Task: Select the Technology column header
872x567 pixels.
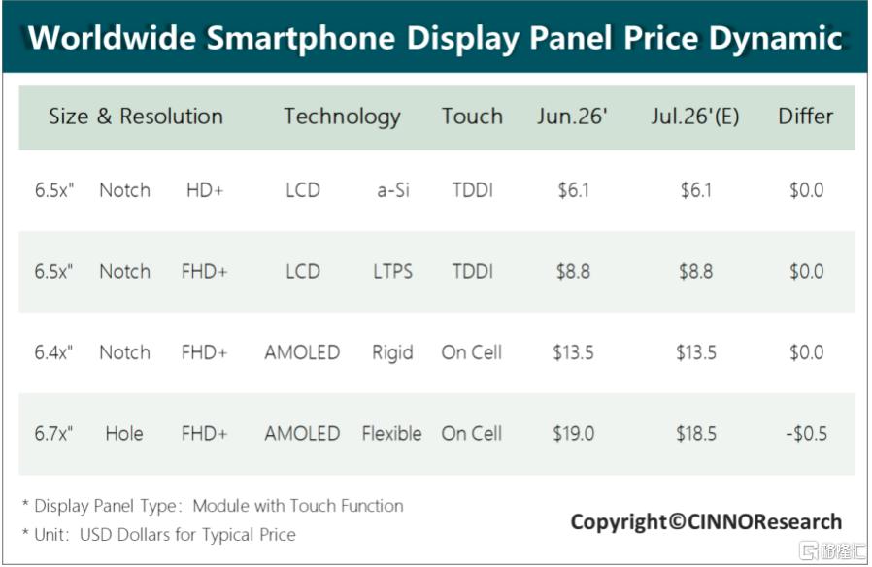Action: pos(342,117)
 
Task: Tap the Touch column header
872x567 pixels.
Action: pos(472,117)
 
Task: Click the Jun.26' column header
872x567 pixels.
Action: pos(572,117)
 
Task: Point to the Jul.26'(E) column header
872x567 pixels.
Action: pos(695,117)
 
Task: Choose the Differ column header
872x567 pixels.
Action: pos(805,117)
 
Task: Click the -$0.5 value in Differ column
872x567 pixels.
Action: pos(806,434)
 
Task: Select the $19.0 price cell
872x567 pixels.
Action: pos(573,434)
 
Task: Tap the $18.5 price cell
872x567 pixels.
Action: pos(695,434)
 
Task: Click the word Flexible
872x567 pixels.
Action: pos(391,434)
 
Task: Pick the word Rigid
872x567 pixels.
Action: pos(392,353)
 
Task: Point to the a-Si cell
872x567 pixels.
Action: pos(392,190)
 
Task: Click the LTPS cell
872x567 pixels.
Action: pos(392,272)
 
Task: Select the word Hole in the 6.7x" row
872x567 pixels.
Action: pos(124,434)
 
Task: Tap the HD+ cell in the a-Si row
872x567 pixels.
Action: pos(205,190)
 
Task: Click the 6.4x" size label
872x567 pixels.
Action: pos(53,352)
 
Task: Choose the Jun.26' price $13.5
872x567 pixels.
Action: pos(573,352)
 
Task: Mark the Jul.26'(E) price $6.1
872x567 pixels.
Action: pos(695,190)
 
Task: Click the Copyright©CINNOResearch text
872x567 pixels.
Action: pos(706,522)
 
